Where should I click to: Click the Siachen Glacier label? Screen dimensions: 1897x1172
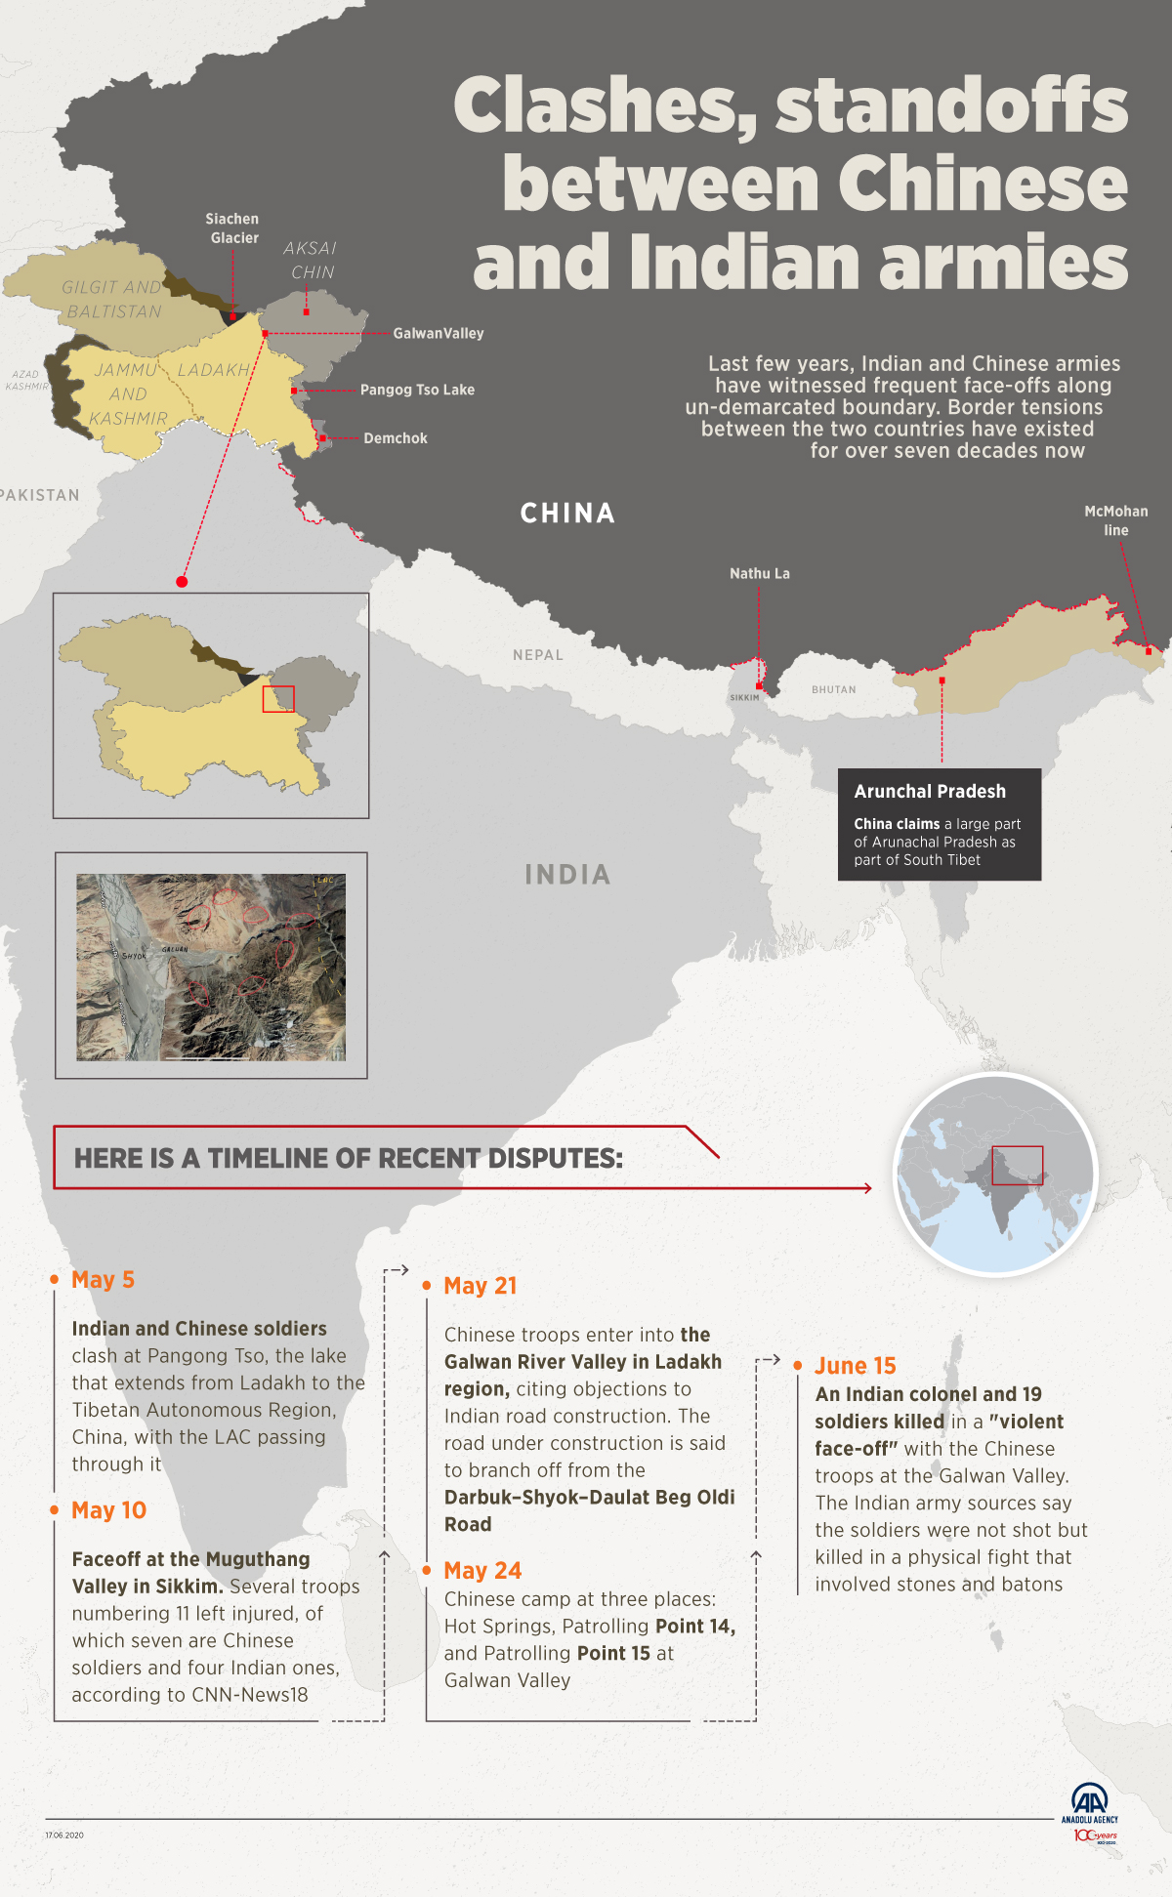click(x=232, y=228)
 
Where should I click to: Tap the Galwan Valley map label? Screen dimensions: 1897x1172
click(x=439, y=334)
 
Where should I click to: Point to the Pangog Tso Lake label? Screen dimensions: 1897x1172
click(x=417, y=390)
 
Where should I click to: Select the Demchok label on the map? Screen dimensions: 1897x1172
click(x=396, y=438)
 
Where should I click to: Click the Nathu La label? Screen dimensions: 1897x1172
click(x=760, y=574)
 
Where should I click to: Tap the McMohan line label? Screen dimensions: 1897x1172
click(x=1116, y=520)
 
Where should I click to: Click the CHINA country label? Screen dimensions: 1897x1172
click(x=567, y=514)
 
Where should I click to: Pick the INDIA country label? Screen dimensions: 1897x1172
click(x=567, y=875)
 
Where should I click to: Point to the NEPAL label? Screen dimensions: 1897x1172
click(x=538, y=655)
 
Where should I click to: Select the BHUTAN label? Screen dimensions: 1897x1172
click(x=834, y=689)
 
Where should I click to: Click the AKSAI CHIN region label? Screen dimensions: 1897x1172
click(x=311, y=261)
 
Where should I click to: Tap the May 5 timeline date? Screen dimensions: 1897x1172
click(x=103, y=1280)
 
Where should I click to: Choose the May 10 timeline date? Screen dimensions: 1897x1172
click(x=108, y=1510)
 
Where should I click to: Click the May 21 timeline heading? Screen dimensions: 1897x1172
click(x=480, y=1286)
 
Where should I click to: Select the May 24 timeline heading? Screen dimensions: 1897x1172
click(x=482, y=1571)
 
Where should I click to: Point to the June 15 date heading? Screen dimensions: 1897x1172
click(x=855, y=1366)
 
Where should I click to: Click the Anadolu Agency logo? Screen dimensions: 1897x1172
click(x=1090, y=1812)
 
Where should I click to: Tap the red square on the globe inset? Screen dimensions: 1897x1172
click(x=1017, y=1165)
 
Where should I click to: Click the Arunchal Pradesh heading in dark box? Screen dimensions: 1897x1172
click(x=930, y=792)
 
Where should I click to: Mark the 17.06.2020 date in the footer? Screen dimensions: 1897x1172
click(x=64, y=1835)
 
